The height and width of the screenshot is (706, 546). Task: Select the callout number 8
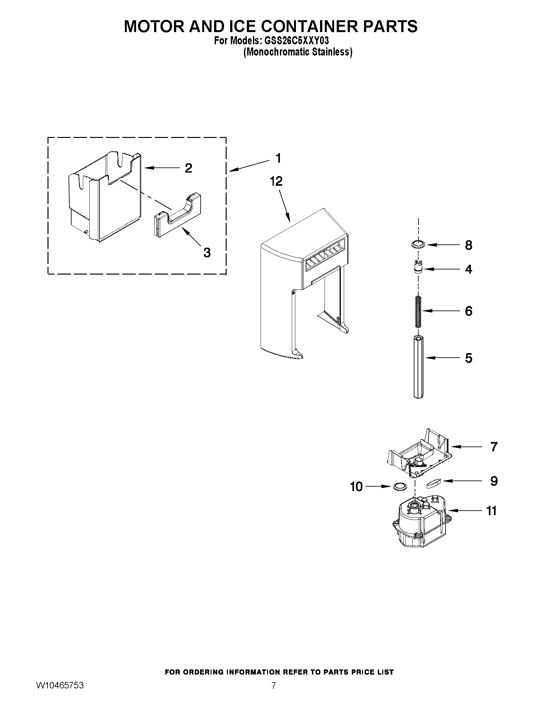click(x=468, y=245)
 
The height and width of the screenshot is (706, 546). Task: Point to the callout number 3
click(x=207, y=252)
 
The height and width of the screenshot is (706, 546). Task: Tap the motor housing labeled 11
click(x=419, y=526)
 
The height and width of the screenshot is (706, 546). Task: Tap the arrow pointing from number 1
click(x=249, y=165)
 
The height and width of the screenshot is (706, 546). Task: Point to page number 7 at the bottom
click(x=273, y=694)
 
